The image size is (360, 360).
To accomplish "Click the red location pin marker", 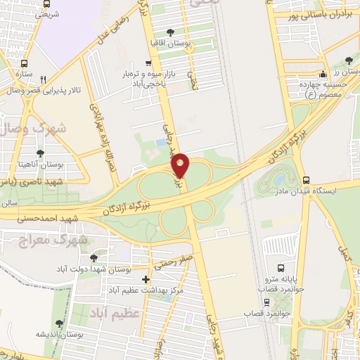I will pyautogui.click(x=181, y=165).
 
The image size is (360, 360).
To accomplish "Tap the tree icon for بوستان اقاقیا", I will pyautogui.click(x=169, y=31).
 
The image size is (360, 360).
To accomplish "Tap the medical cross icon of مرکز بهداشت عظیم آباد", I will pyautogui.click(x=146, y=280).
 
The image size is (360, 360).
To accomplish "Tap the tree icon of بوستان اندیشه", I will pyautogui.click(x=59, y=323).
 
